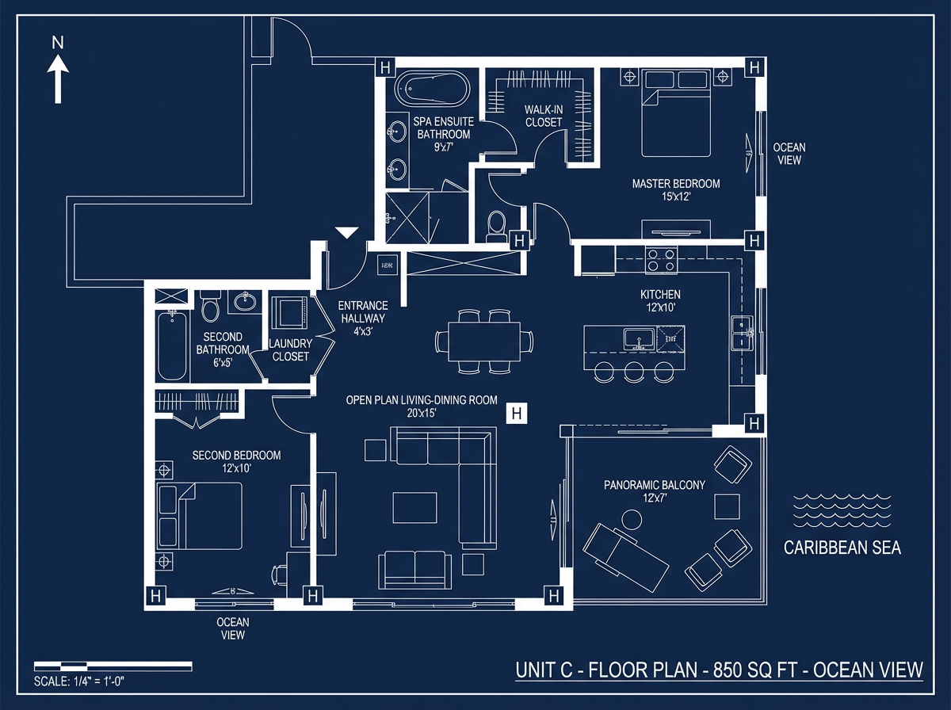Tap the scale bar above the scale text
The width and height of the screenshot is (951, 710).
(x=113, y=666)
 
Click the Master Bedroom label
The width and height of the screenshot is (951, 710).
(x=676, y=189)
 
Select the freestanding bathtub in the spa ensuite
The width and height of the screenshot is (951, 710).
(x=432, y=89)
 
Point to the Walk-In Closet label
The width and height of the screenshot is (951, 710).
(x=544, y=116)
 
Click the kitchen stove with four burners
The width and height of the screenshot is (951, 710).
(x=661, y=260)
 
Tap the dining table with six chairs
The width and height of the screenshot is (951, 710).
(x=484, y=342)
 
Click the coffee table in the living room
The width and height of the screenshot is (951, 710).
(x=414, y=507)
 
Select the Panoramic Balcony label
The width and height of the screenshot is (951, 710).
(x=655, y=491)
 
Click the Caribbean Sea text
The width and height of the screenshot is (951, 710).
(x=842, y=548)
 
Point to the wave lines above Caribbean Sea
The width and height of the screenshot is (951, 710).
(x=842, y=511)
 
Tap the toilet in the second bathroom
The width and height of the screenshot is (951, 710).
(x=211, y=306)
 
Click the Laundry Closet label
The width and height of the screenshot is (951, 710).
(x=290, y=350)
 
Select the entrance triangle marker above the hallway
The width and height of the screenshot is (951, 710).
(x=346, y=232)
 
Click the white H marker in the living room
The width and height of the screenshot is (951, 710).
(x=517, y=414)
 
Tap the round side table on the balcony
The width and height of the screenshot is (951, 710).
(x=632, y=519)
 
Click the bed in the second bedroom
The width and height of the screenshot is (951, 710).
(x=200, y=516)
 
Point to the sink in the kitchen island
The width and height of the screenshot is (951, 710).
(x=639, y=338)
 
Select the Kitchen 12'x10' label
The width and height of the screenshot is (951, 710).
(x=660, y=300)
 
